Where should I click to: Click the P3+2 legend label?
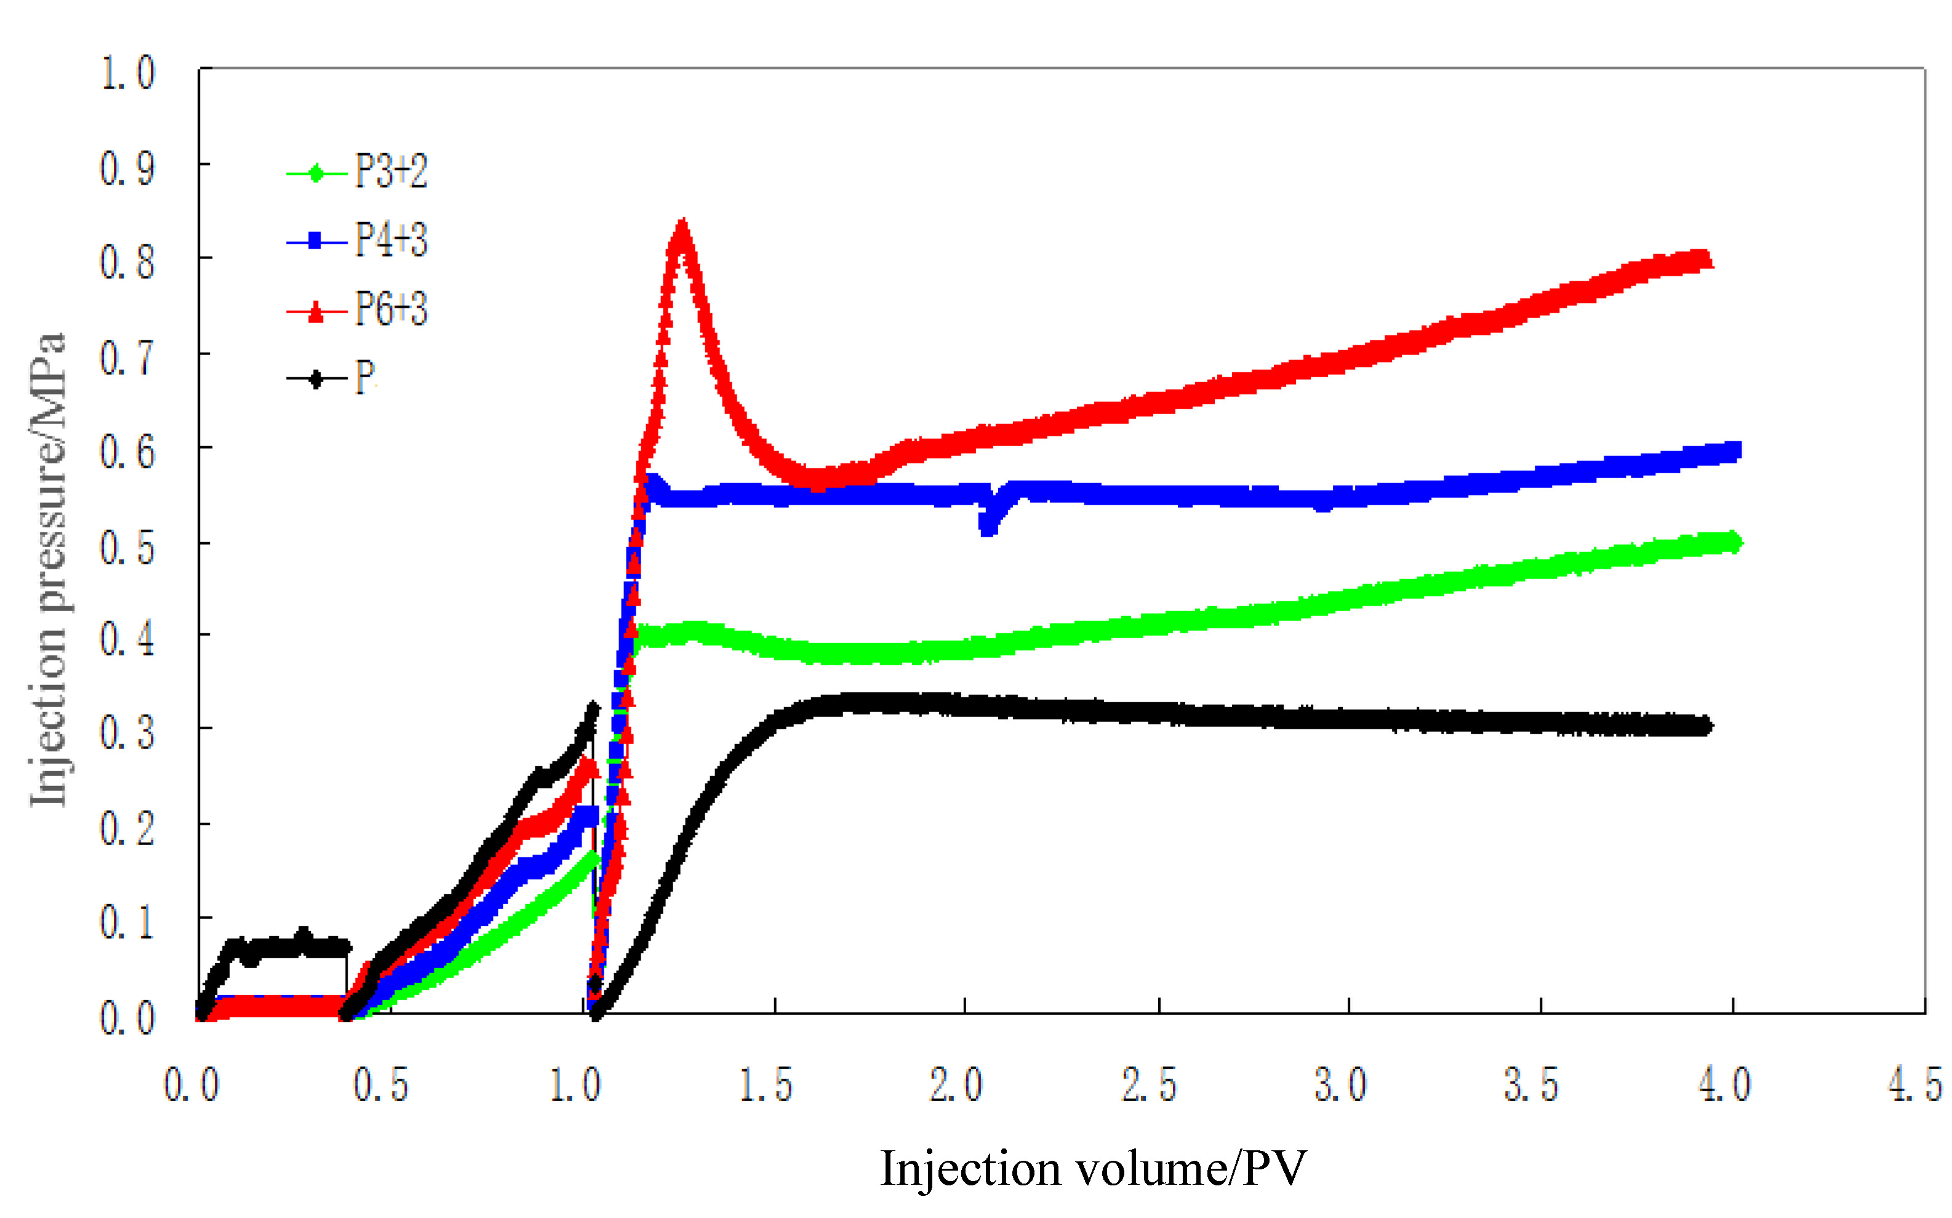(x=391, y=172)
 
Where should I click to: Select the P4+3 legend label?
(x=391, y=240)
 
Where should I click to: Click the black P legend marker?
(x=316, y=379)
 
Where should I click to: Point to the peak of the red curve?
(x=682, y=230)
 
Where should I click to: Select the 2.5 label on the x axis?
(x=1149, y=1085)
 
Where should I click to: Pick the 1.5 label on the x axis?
(x=766, y=1085)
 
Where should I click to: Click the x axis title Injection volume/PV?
(x=1093, y=1169)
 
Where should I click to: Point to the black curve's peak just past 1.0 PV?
(x=593, y=710)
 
